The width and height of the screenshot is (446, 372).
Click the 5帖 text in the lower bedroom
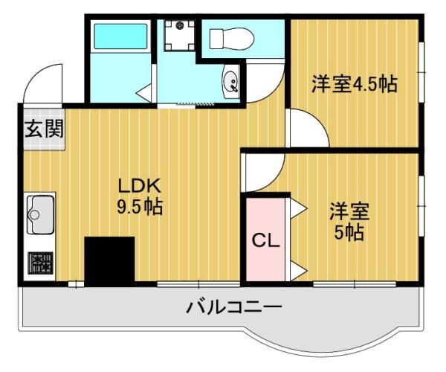[348, 232]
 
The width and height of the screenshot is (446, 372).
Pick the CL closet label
[263, 240]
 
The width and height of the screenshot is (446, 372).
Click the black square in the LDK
[109, 261]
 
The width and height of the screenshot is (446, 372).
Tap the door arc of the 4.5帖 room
[308, 128]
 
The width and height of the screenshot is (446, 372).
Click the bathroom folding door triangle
[143, 92]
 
